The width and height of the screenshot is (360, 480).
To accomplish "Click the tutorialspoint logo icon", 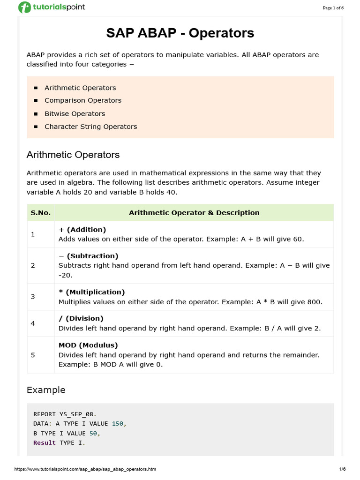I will tap(24, 7).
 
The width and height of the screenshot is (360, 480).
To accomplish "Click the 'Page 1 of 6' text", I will tap(333, 8).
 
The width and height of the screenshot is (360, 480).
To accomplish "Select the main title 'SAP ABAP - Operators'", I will tap(180, 33).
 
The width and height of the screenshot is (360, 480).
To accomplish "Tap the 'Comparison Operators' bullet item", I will tap(83, 100).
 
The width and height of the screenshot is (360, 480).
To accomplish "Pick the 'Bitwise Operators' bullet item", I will tap(75, 113).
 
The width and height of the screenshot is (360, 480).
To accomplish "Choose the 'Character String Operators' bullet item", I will tap(91, 127).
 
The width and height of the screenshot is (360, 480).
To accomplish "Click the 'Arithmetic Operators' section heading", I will tap(73, 155).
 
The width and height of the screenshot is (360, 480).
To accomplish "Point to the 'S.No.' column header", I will tap(40, 213).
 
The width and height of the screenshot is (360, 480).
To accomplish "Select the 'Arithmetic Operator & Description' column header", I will tap(194, 213).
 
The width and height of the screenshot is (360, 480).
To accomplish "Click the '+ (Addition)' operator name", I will tap(82, 230).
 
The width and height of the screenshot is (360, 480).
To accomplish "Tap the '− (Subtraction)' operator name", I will tap(88, 256).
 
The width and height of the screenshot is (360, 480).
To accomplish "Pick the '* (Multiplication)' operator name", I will tap(91, 292).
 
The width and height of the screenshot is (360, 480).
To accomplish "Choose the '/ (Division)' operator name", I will tap(81, 318).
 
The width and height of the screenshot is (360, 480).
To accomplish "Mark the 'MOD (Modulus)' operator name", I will tap(88, 345).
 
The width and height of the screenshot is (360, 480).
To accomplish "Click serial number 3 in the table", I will tap(33, 297).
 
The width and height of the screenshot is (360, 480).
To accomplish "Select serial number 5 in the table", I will tap(33, 355).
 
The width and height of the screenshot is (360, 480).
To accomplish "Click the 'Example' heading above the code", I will tap(46, 390).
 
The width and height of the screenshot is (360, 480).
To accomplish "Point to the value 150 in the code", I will tap(118, 423).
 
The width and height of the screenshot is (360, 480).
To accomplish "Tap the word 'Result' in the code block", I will tap(45, 442).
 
